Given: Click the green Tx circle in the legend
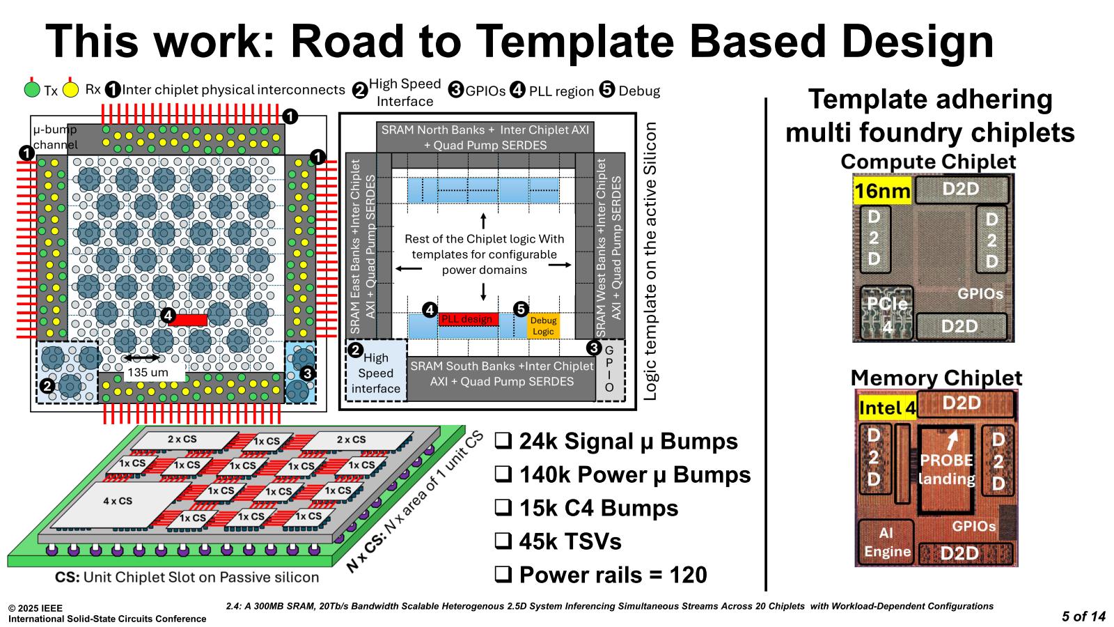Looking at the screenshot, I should click(32, 90).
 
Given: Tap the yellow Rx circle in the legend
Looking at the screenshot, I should click(70, 90).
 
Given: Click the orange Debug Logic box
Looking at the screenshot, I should click(543, 325).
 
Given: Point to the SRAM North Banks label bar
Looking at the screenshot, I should click(485, 137).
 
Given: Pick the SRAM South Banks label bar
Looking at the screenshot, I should click(501, 373).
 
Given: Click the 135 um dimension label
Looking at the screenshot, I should click(147, 373).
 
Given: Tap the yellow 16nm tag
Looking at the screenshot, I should click(882, 191).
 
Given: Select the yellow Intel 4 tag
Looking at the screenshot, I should click(887, 408).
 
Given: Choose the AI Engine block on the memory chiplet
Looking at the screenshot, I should click(886, 542).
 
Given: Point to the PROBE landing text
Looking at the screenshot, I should click(946, 469).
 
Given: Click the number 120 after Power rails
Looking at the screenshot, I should click(688, 575).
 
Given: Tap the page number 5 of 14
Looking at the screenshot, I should click(1083, 616).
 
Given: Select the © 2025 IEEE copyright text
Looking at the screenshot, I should click(36, 608).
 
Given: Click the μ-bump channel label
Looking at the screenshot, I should click(55, 137).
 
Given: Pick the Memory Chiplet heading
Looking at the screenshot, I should click(936, 378).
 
